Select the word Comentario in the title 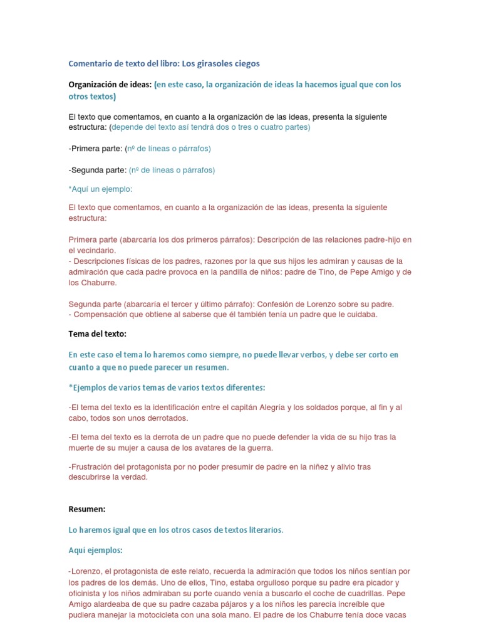pos(90,63)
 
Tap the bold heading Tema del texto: pos(97,334)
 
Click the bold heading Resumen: pos(86,509)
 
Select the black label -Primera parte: pos(95,149)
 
